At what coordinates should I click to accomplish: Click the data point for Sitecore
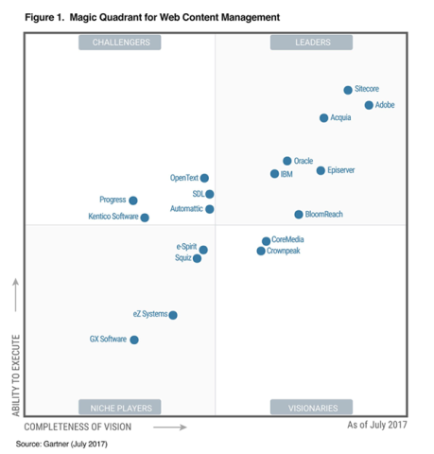pyautogui.click(x=348, y=90)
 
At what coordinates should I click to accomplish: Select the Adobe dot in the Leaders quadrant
pyautogui.click(x=369, y=105)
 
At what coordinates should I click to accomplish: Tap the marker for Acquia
pyautogui.click(x=323, y=118)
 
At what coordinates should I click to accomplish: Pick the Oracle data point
pyautogui.click(x=287, y=161)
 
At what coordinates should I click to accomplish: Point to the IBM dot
pyautogui.click(x=274, y=174)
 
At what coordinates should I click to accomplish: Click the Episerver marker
pyautogui.click(x=321, y=170)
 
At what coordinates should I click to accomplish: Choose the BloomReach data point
pyautogui.click(x=299, y=215)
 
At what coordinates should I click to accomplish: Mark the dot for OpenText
pyautogui.click(x=204, y=178)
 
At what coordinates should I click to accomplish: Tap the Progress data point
pyautogui.click(x=133, y=201)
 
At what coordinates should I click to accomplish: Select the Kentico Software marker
pyautogui.click(x=145, y=218)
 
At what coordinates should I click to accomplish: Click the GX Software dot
pyautogui.click(x=134, y=340)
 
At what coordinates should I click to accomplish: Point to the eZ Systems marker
pyautogui.click(x=172, y=315)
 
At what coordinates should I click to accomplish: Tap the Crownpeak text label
pyautogui.click(x=284, y=252)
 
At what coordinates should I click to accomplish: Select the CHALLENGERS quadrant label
pyautogui.click(x=120, y=43)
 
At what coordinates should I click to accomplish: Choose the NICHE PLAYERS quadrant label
pyautogui.click(x=120, y=408)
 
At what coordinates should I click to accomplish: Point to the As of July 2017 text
pyautogui.click(x=377, y=426)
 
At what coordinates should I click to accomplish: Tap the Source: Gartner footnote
pyautogui.click(x=61, y=443)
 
